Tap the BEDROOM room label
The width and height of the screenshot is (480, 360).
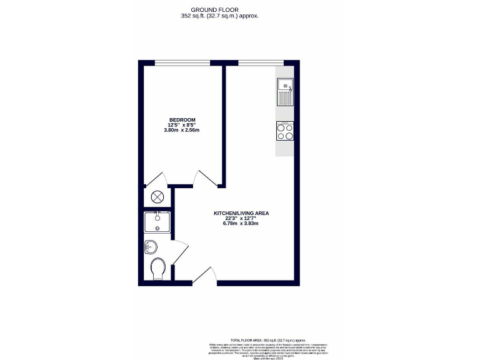pyautogui.click(x=182, y=120)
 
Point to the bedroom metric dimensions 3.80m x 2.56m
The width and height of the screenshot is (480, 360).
pyautogui.click(x=181, y=131)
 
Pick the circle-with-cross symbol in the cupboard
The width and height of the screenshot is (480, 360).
pyautogui.click(x=157, y=197)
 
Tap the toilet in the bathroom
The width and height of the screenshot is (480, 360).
pyautogui.click(x=159, y=269)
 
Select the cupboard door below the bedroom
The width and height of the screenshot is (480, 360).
pyautogui.click(x=154, y=180)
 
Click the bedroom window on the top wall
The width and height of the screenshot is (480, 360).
pyautogui.click(x=182, y=61)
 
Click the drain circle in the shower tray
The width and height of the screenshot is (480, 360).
pyautogui.click(x=157, y=228)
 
